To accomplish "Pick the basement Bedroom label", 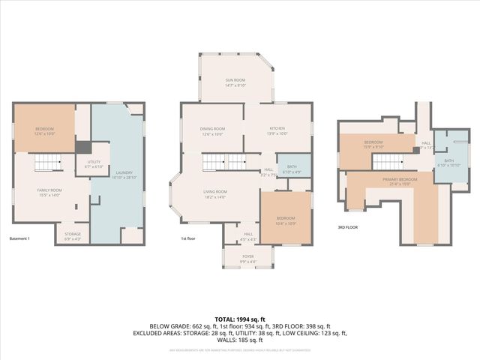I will coord(44,131).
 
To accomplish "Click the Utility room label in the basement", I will coord(93,163).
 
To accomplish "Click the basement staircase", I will coord(47,162).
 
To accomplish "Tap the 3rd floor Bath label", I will coord(448,162).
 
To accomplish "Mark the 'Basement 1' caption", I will coord(19,238).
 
